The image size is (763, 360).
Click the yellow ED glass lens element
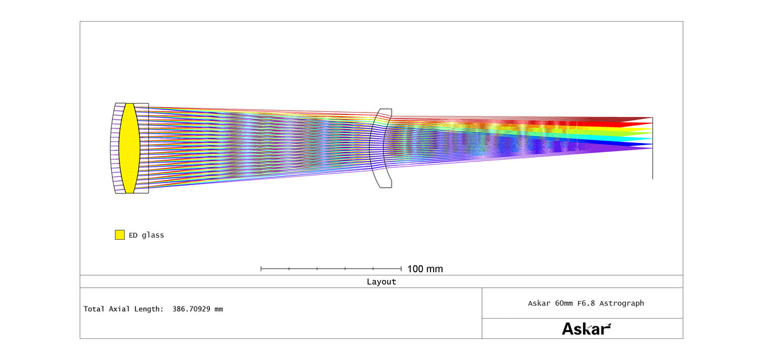(x=130, y=148)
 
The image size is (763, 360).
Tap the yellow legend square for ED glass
(x=120, y=235)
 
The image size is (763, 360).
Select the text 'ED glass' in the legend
(x=146, y=235)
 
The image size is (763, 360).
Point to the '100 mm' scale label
(x=425, y=269)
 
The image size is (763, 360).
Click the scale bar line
(x=331, y=268)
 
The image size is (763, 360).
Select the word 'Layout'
(x=381, y=282)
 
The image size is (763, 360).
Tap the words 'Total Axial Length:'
(x=123, y=309)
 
